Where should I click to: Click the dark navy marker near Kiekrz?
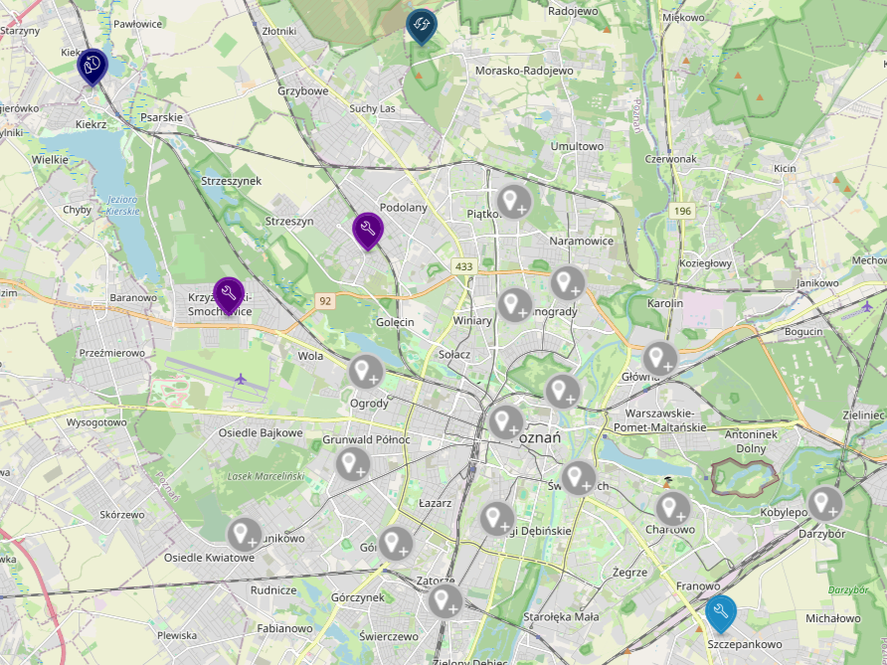92,66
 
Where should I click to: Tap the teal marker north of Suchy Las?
422,25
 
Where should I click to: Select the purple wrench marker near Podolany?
367,230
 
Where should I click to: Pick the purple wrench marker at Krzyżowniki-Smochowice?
229,293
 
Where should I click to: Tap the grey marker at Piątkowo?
513,202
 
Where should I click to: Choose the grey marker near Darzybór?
824,504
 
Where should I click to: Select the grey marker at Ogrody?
365,372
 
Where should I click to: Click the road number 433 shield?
463,267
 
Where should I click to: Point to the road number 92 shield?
324,300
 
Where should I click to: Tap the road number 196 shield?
681,211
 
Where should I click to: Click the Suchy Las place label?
372,108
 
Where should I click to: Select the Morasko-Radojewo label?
524,72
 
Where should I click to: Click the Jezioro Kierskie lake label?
121,205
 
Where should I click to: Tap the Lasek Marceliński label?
265,476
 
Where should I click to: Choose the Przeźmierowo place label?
112,353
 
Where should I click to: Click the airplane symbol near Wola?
241,378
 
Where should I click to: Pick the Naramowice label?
581,241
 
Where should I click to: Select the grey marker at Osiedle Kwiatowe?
245,535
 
